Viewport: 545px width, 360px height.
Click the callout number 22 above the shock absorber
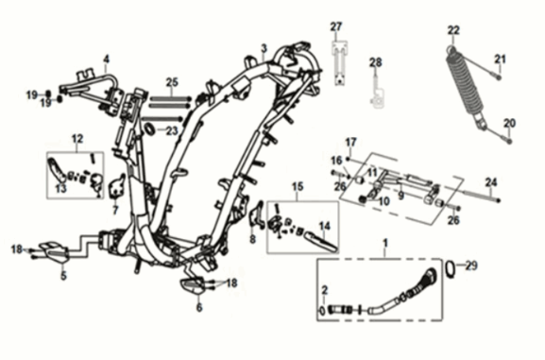pos(453,30)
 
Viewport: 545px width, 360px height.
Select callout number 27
pos(336,26)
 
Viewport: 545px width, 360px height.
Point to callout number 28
pos(376,63)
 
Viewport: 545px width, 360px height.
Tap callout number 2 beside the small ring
pos(324,289)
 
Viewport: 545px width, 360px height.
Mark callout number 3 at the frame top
pos(264,48)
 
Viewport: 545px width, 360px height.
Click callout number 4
pos(106,59)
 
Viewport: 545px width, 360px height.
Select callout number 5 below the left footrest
pos(63,276)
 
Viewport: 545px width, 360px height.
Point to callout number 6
pos(199,306)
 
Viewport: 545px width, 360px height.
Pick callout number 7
pos(115,210)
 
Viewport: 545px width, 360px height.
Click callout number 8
pos(252,240)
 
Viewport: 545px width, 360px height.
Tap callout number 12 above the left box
pos(77,139)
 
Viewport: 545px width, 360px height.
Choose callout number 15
pos(298,186)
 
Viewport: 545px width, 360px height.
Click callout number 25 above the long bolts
pos(172,82)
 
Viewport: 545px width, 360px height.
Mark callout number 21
pos(501,60)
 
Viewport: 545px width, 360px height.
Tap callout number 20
pos(510,123)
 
